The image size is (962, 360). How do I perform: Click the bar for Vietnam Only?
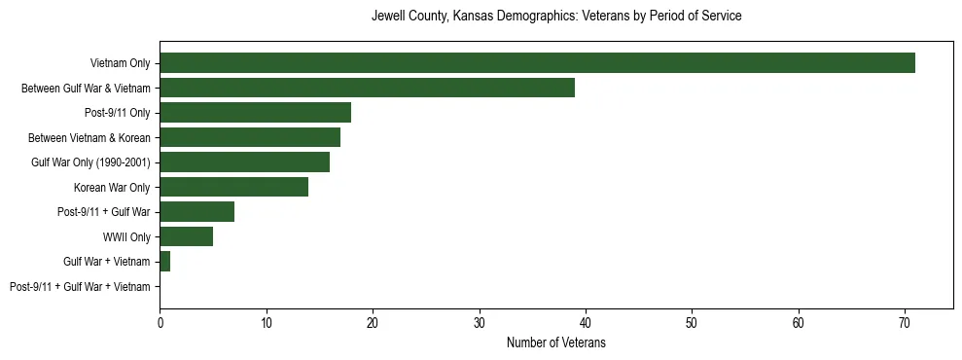tap(537, 63)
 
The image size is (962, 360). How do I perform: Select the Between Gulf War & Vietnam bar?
tap(367, 88)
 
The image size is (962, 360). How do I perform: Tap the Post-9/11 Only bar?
tap(255, 113)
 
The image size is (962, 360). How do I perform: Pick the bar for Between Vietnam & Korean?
tap(250, 137)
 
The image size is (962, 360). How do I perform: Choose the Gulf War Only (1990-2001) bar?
tap(244, 162)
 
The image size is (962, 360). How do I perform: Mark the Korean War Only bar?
tap(233, 187)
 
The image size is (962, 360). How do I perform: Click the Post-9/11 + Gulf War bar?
tap(196, 212)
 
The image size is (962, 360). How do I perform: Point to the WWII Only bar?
tap(186, 236)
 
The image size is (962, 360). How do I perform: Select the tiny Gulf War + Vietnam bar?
tap(164, 262)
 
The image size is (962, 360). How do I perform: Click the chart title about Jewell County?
tap(556, 17)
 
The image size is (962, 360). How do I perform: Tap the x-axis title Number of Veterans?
tap(556, 342)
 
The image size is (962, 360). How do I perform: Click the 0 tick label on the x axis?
tap(160, 323)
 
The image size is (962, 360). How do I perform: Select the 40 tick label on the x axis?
tap(586, 323)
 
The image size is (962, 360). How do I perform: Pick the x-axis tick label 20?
tap(373, 323)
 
